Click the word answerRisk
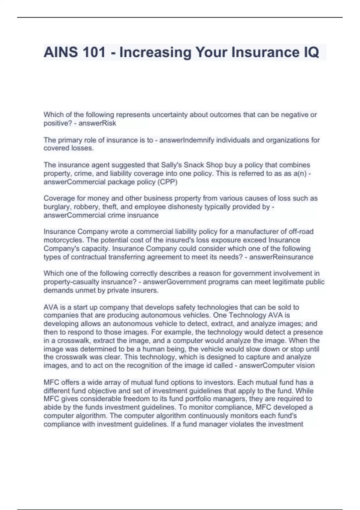[x=97, y=123]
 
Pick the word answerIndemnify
[x=187, y=140]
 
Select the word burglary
[x=56, y=207]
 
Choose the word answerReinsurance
[x=281, y=257]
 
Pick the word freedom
[x=136, y=399]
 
